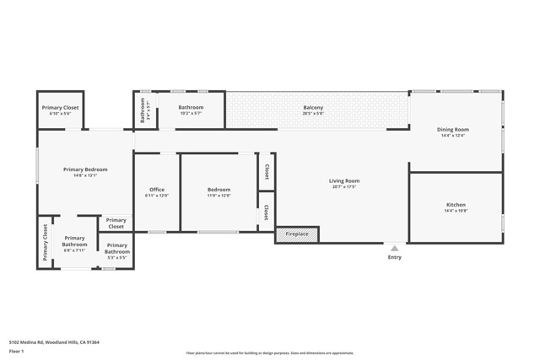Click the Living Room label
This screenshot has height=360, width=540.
click(x=343, y=181)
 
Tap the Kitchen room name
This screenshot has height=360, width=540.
click(x=456, y=205)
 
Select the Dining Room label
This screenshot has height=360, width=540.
click(x=453, y=130)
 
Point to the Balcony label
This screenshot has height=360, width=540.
click(x=313, y=107)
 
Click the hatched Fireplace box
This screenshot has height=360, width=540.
click(x=297, y=234)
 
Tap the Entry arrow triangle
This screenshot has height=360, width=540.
click(x=394, y=248)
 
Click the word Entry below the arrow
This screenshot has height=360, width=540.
click(x=394, y=257)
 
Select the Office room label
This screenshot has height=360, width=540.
click(x=157, y=190)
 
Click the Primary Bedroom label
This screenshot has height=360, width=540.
click(x=85, y=169)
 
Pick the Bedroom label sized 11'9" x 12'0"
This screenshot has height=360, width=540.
click(x=219, y=190)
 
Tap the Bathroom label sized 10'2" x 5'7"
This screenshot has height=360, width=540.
click(x=191, y=107)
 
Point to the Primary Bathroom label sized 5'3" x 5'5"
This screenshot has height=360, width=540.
click(x=116, y=248)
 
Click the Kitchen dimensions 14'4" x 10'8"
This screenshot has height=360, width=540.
click(x=456, y=212)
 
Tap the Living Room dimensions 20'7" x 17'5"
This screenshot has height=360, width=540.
click(x=343, y=188)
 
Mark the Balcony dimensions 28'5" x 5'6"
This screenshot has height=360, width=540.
click(x=313, y=114)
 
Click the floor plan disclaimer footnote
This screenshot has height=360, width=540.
click(x=270, y=353)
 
